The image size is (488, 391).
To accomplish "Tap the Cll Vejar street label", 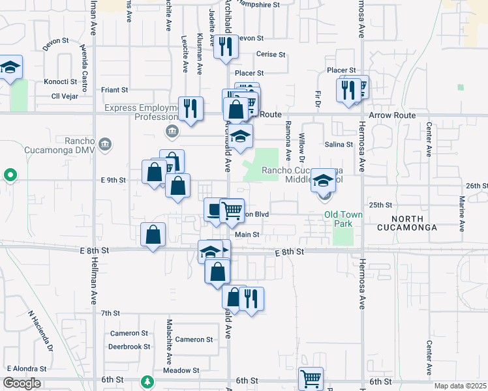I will (x=65, y=96).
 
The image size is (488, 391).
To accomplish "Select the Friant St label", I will (x=115, y=89).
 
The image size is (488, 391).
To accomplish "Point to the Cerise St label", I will (x=271, y=55).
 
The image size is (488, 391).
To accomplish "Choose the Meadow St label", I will (x=181, y=370).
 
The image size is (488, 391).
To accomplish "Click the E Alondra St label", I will (x=28, y=368).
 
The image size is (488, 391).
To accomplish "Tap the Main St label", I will (x=247, y=235).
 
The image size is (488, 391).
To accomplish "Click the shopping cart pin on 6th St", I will (x=311, y=379).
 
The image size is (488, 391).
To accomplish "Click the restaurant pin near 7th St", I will (x=251, y=298).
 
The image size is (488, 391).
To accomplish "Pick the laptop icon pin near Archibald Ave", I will (x=215, y=209).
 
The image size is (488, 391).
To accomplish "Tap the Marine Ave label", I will (x=461, y=214).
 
